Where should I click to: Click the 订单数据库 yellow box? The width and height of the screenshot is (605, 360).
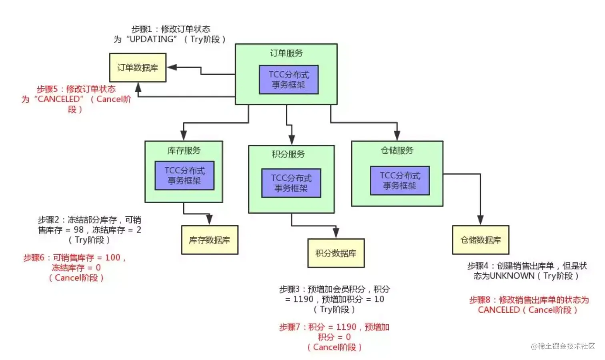point(138,68)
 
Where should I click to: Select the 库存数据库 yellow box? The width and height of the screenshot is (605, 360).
point(210,240)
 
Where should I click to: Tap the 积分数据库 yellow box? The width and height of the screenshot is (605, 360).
point(336,253)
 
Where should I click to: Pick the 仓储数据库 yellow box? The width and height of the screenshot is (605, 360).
point(481,240)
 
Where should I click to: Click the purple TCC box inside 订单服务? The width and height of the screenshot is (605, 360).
point(288,80)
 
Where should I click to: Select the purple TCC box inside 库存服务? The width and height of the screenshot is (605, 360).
point(184,176)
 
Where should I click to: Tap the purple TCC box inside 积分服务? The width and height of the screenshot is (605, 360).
point(291,183)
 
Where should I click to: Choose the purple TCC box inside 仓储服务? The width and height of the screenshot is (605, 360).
point(400,180)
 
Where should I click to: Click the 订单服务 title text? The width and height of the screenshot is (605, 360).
point(286,53)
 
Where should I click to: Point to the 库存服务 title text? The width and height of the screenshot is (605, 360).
point(184,150)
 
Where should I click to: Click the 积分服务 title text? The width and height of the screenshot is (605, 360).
point(288,154)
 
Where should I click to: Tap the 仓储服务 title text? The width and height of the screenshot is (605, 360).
point(397,150)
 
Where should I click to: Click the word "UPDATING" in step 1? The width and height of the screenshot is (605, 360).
point(152,39)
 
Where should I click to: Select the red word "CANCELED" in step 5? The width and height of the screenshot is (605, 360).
point(59,99)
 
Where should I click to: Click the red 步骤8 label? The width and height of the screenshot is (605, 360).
point(479,300)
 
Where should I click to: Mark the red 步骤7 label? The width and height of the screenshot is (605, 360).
point(289,327)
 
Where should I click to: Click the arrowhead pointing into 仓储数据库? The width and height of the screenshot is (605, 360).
point(481,220)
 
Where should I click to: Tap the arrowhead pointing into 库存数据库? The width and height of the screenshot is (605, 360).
point(209,220)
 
